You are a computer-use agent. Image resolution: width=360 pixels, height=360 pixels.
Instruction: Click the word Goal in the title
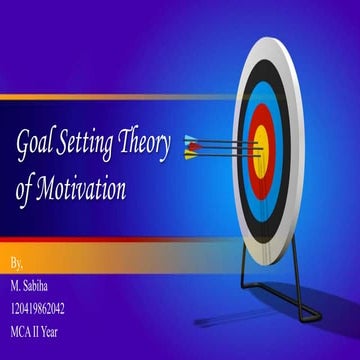36,148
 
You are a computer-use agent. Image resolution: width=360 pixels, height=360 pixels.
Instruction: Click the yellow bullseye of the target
263,149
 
